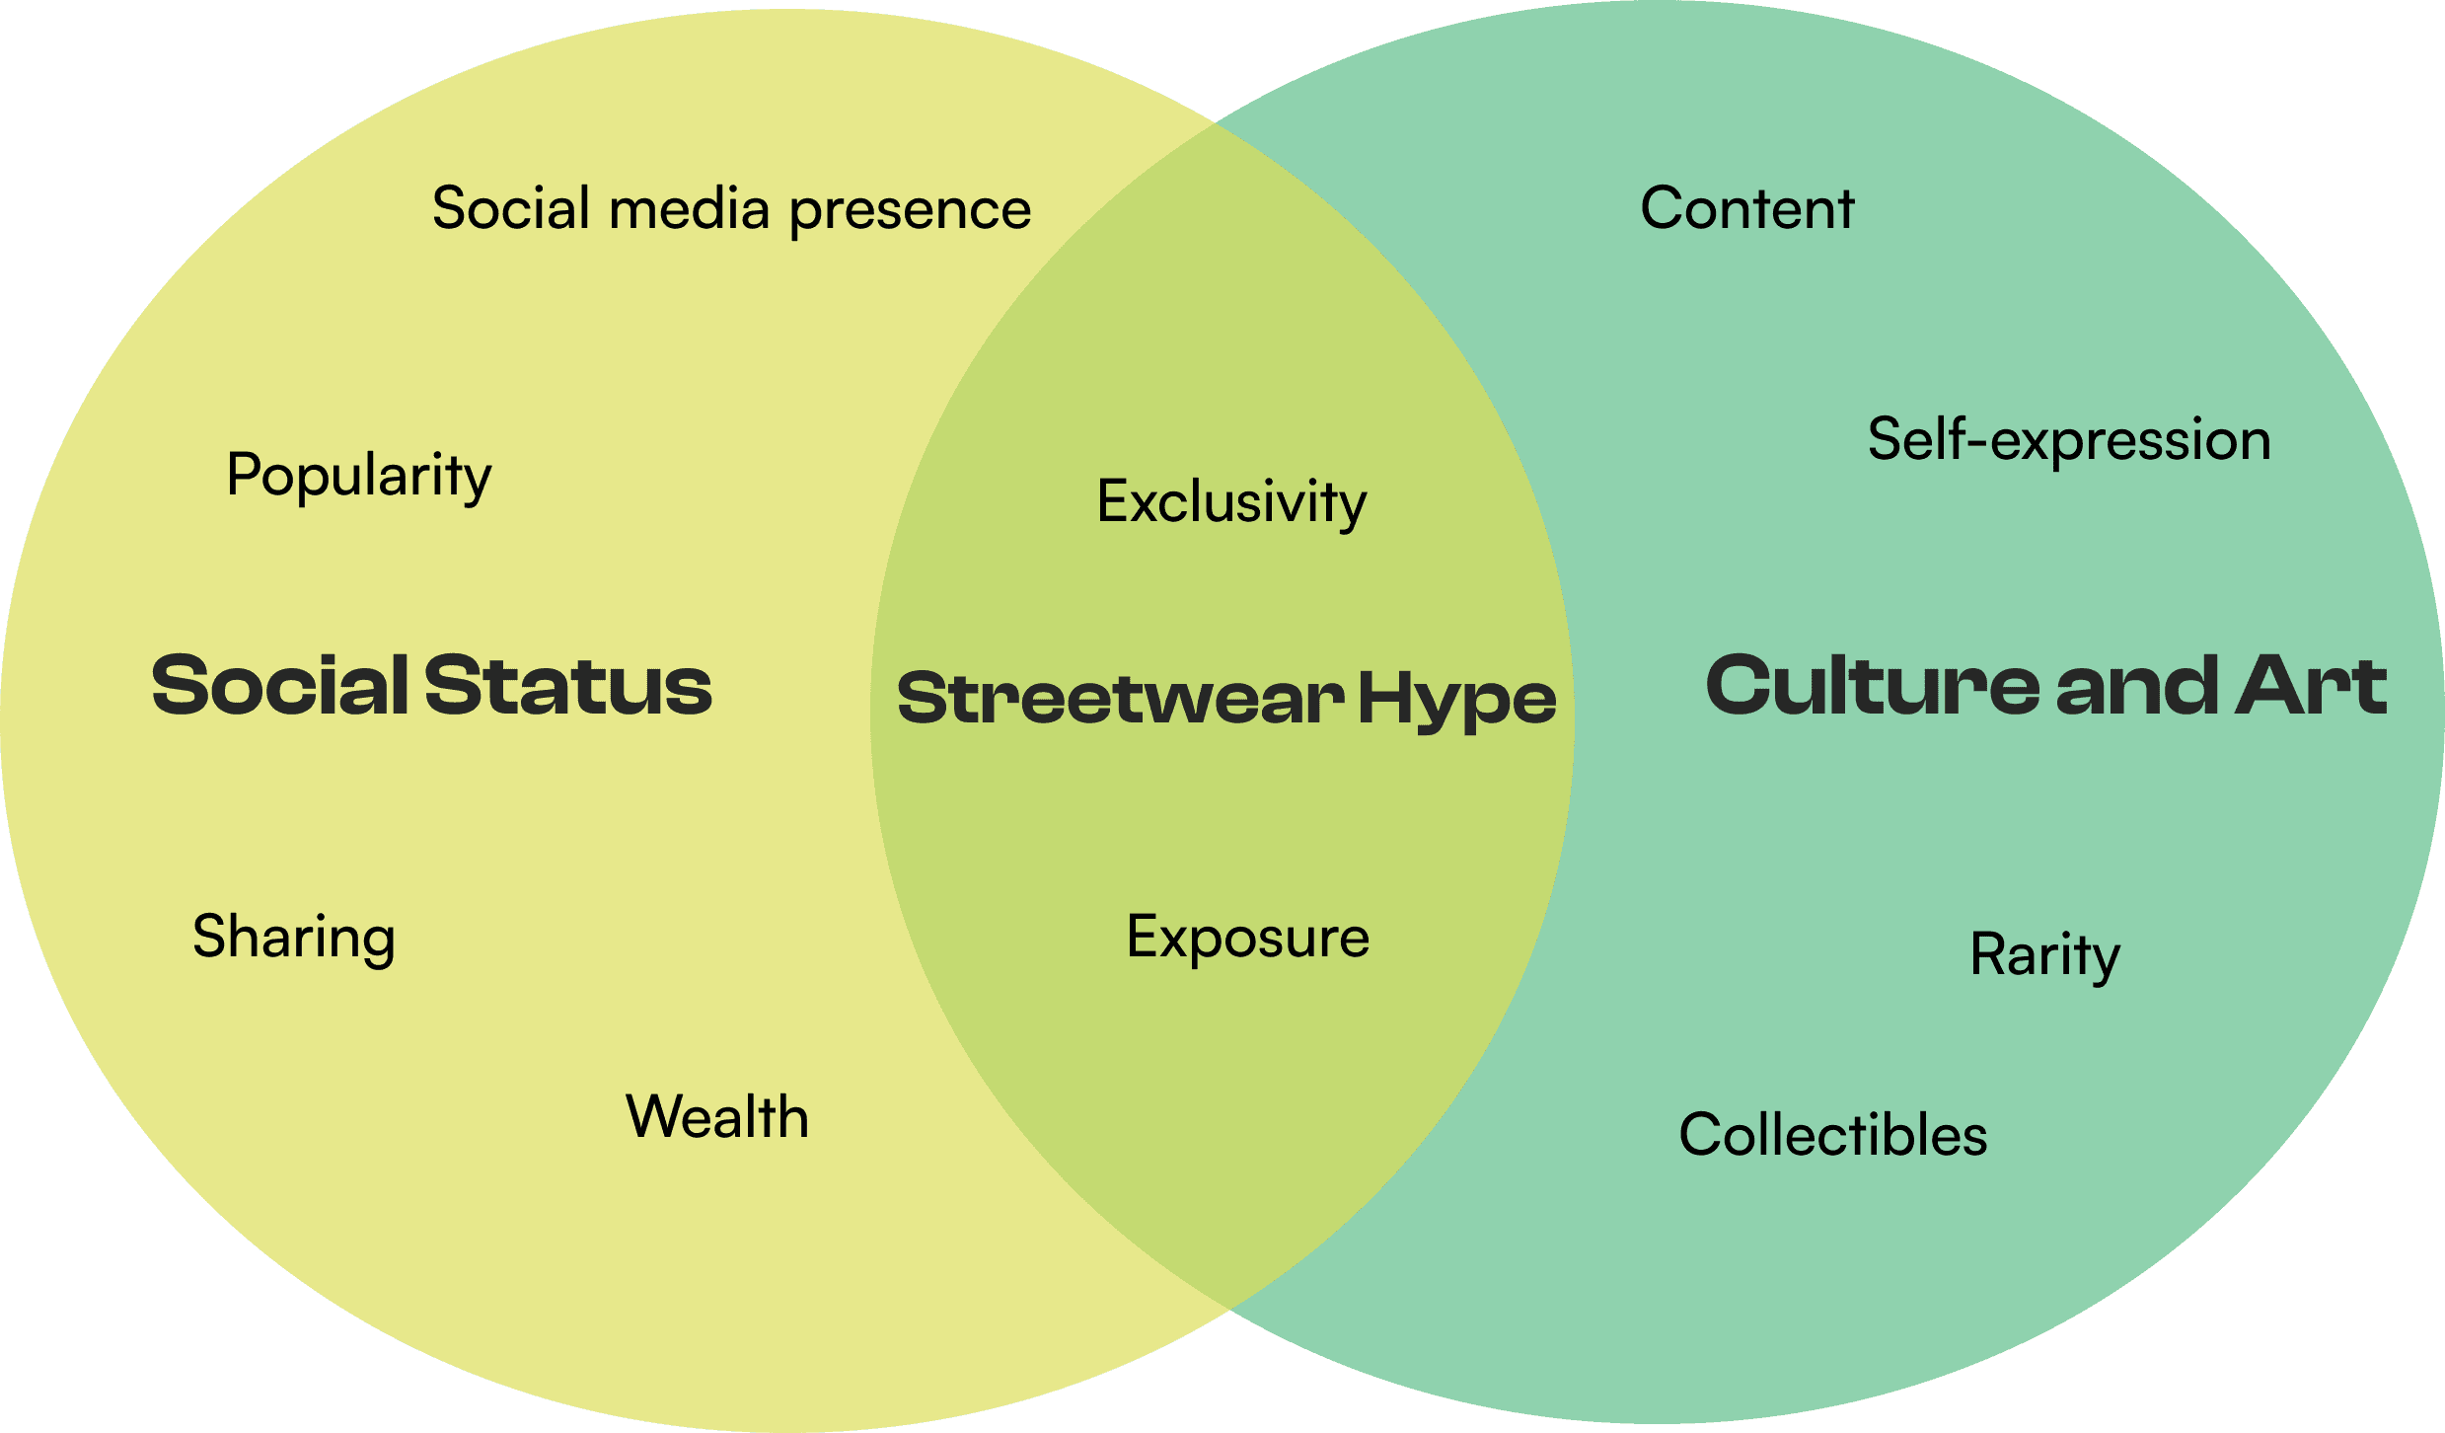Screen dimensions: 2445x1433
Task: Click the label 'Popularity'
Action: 359,476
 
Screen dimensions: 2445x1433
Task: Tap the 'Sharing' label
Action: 294,937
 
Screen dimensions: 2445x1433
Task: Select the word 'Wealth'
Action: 717,1117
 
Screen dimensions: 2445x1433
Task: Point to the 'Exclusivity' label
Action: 1231,502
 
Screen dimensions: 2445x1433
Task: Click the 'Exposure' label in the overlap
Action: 1248,937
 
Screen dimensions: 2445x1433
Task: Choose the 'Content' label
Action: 1747,208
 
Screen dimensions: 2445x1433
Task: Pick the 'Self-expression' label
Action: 2069,439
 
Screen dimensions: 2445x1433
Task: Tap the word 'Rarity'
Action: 2044,955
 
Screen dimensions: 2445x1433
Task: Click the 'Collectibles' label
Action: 1833,1135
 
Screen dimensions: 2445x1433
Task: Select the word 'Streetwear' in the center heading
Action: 1121,699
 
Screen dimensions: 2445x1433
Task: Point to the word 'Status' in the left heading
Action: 568,685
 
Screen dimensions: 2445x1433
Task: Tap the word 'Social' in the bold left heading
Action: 280,685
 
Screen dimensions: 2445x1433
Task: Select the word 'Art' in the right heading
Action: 2311,685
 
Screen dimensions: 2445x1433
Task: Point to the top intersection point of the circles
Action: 1216,123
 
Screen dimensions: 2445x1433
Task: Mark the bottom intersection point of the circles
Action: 1227,1309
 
